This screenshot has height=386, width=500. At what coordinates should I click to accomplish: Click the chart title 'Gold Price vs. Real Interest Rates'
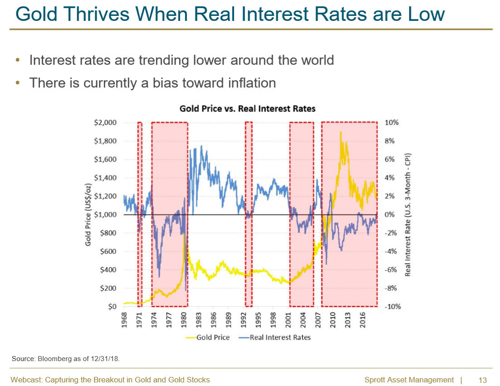pyautogui.click(x=247, y=109)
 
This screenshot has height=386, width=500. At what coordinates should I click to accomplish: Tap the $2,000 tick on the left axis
pyautogui.click(x=105, y=123)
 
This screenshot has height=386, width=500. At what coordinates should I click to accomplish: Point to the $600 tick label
pyautogui.click(x=108, y=252)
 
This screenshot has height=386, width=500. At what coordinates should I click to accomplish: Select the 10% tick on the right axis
pyautogui.click(x=392, y=123)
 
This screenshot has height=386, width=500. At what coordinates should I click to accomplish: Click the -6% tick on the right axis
pyautogui.click(x=391, y=270)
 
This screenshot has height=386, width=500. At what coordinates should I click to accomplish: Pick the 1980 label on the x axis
pyautogui.click(x=184, y=319)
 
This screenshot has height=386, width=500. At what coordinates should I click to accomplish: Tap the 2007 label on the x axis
pyautogui.click(x=318, y=319)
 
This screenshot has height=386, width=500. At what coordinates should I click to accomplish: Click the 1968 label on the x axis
pyautogui.click(x=124, y=319)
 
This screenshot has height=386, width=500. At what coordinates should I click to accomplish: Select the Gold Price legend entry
pyautogui.click(x=207, y=337)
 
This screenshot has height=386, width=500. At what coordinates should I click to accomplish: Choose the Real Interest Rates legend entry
pyautogui.click(x=275, y=337)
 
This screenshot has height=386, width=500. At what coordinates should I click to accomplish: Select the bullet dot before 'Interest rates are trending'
pyautogui.click(x=18, y=60)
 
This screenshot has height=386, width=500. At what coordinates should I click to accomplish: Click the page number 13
pyautogui.click(x=482, y=380)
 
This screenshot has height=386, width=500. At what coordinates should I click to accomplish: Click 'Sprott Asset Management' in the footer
pyautogui.click(x=409, y=380)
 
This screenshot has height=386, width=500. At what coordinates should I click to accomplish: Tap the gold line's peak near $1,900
pyautogui.click(x=340, y=132)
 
